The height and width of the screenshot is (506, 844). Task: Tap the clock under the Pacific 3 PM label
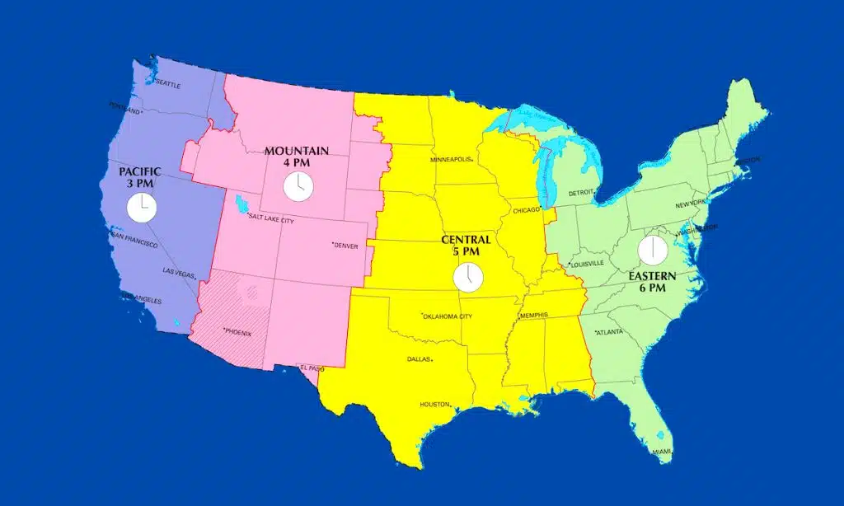[x=142, y=208]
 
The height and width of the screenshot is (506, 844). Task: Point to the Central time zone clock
[x=468, y=277]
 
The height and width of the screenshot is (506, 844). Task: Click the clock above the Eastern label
[x=651, y=250]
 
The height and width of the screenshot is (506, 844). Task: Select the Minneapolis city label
[x=451, y=160]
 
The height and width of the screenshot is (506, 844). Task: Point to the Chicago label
[x=525, y=210]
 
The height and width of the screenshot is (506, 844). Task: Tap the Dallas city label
[x=420, y=359]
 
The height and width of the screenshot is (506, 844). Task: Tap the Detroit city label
[x=581, y=193]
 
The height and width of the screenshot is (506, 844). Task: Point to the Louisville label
[x=588, y=264]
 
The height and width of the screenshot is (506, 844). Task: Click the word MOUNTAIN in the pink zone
[x=297, y=151]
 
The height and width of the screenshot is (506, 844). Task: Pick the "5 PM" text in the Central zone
[x=466, y=251]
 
